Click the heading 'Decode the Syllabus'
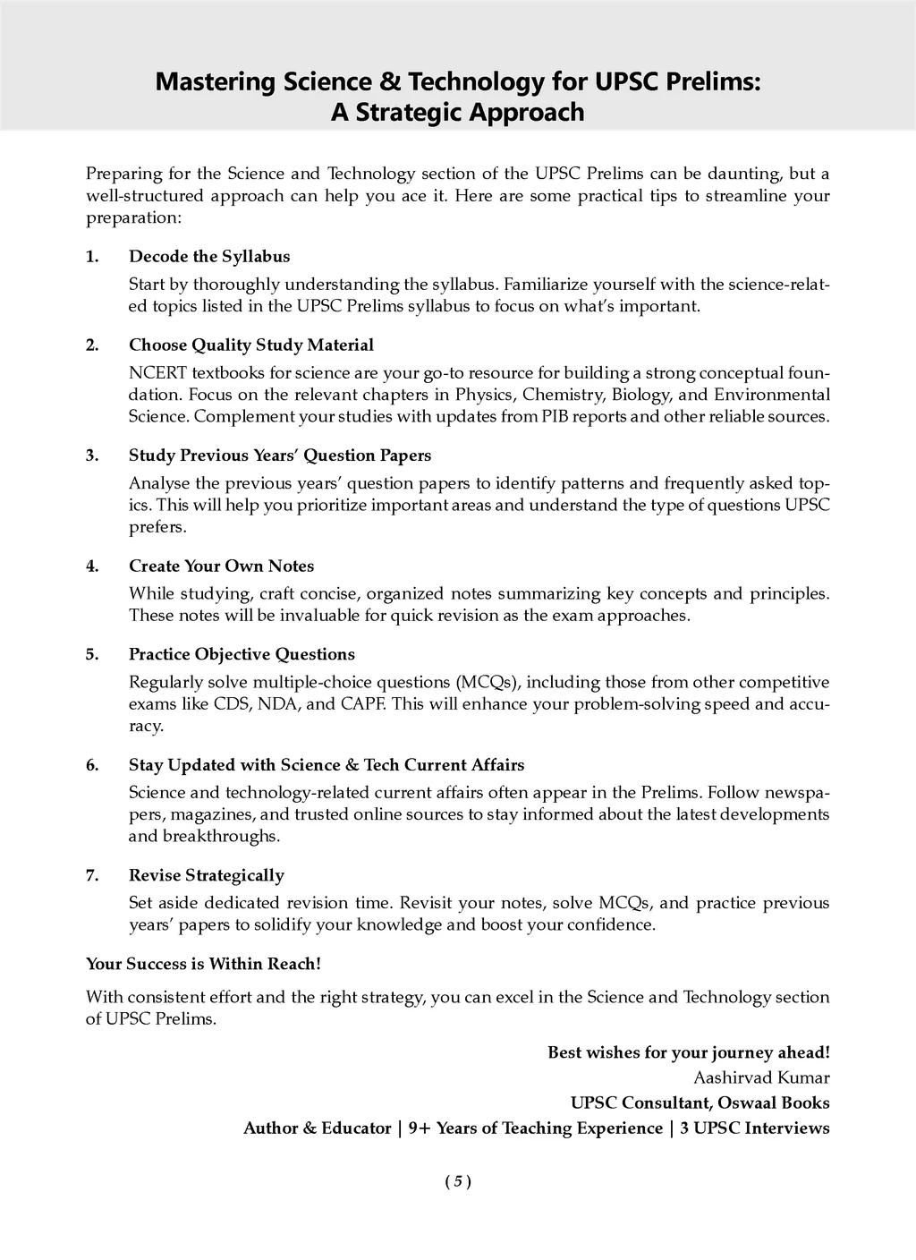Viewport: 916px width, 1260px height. pyautogui.click(x=209, y=257)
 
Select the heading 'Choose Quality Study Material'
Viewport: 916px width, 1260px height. pyautogui.click(x=251, y=345)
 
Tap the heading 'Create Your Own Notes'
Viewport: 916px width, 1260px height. pyautogui.click(x=221, y=566)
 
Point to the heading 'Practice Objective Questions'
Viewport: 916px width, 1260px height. pyautogui.click(x=242, y=654)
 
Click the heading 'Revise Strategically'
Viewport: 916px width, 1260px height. pyautogui.click(x=207, y=875)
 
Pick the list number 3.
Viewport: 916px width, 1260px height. pyautogui.click(x=91, y=455)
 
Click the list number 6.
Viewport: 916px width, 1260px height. pyautogui.click(x=91, y=765)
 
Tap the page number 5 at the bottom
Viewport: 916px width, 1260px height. pyautogui.click(x=457, y=1181)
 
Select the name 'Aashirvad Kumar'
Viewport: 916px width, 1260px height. pyautogui.click(x=761, y=1077)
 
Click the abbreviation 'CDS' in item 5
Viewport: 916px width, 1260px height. pyautogui.click(x=232, y=704)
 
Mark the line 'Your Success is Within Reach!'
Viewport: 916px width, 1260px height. pyautogui.click(x=203, y=964)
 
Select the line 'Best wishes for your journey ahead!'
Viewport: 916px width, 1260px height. pyautogui.click(x=688, y=1052)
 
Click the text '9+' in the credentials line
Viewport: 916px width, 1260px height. pyautogui.click(x=419, y=1128)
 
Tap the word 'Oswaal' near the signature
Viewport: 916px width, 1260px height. pyautogui.click(x=750, y=1103)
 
